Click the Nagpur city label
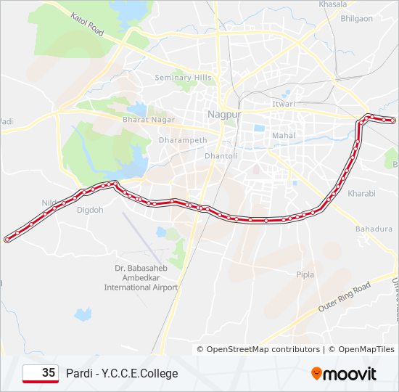click(223, 114)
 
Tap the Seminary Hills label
click(182, 78)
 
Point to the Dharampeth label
click(183, 140)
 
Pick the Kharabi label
click(361, 194)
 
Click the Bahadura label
click(374, 229)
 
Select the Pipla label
click(305, 274)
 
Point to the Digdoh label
click(90, 211)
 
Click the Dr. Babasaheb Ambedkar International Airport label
click(141, 277)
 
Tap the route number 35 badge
click(41, 373)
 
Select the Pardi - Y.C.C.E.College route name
click(122, 374)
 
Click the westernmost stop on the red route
click(7, 239)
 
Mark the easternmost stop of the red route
click(392, 121)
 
